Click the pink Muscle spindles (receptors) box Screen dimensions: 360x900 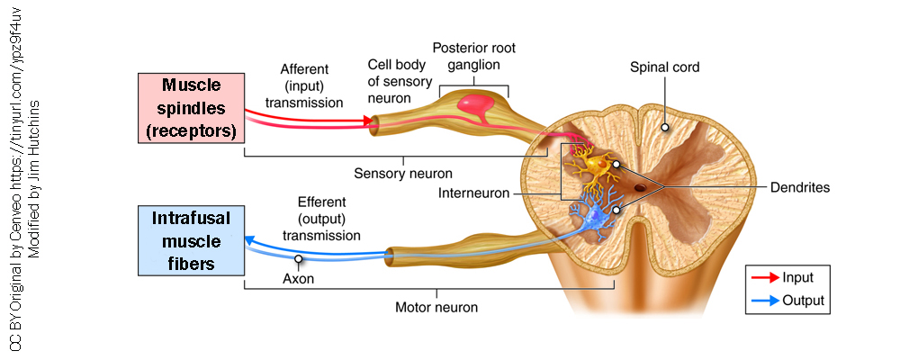pos(191,109)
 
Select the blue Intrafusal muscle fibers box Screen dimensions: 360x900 pos(191,240)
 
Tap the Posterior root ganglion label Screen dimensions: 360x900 pos(473,56)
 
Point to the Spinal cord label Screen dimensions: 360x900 pos(664,67)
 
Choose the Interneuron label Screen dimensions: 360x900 pos(473,193)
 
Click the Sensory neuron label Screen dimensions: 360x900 pos(402,173)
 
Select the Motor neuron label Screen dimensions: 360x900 pos(436,307)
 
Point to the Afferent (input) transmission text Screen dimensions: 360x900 pos(310,85)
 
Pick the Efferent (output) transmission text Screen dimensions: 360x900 pos(321,219)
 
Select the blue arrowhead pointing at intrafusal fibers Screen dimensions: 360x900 pos(252,239)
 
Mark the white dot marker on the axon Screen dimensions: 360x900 pos(297,258)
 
